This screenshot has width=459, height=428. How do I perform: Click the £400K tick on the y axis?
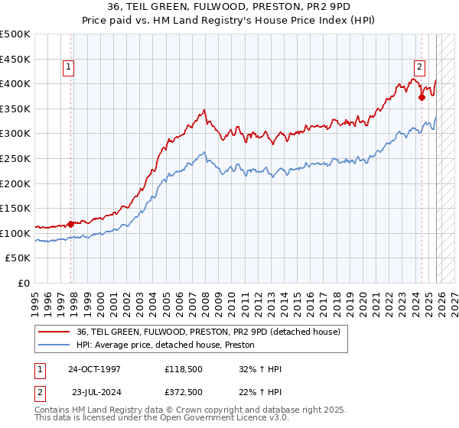(15, 83)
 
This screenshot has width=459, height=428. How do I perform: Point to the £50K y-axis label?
(18, 258)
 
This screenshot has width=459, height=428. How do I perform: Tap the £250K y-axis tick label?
(15, 158)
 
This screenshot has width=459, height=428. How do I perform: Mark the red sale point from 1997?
(71, 224)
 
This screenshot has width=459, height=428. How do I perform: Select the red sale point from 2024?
(422, 97)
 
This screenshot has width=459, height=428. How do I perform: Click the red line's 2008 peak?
(204, 111)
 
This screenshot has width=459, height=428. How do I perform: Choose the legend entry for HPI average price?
(165, 345)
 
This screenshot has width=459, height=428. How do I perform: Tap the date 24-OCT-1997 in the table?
(95, 369)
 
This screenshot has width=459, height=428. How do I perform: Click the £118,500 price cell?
(182, 369)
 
